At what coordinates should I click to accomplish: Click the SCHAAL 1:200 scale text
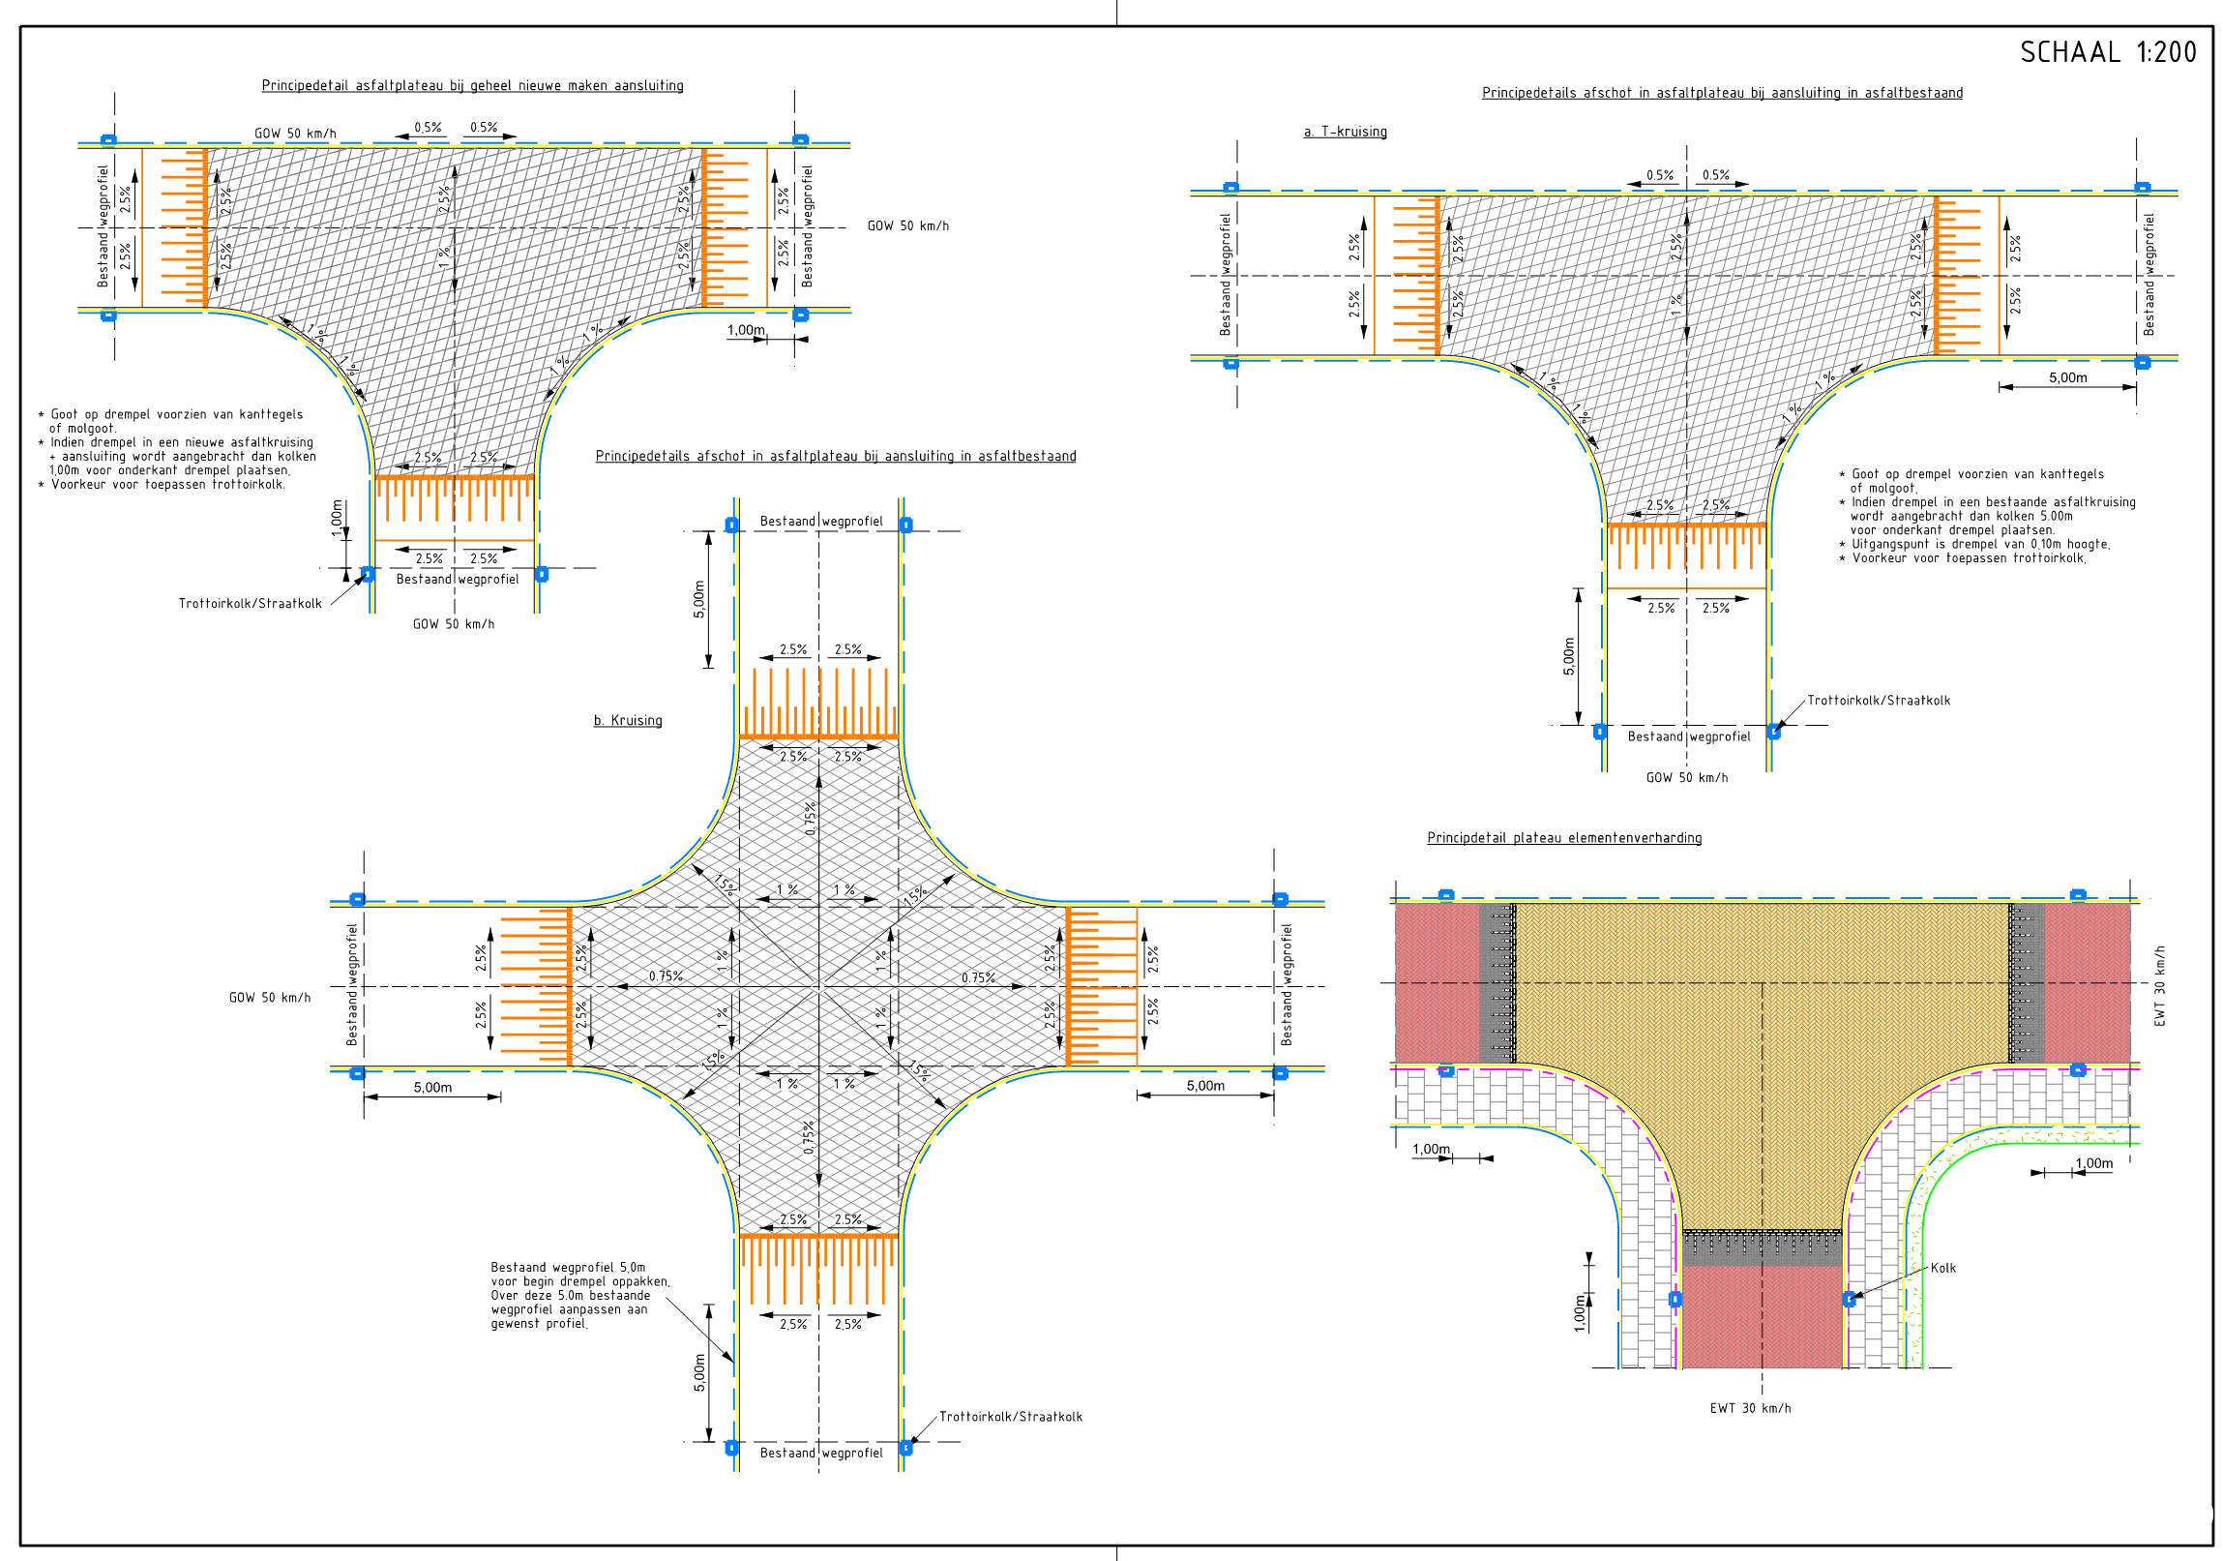2108,52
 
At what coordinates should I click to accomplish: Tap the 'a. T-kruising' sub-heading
1345,132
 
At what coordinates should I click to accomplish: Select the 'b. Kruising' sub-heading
628,720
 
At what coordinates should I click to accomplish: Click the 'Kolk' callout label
1943,1268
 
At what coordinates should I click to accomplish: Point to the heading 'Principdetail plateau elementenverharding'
1563,838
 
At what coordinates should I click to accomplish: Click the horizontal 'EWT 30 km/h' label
1750,1408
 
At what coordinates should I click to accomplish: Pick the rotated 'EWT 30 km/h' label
2160,986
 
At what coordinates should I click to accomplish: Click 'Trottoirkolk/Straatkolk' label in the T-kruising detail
1879,700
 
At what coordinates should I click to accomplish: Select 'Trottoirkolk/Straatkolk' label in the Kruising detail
1011,1417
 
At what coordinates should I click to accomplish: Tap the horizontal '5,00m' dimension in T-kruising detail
2067,377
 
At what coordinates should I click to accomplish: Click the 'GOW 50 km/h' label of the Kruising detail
270,998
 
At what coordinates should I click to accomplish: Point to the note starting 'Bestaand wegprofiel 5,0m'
580,1296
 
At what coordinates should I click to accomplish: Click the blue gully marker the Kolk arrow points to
1849,1299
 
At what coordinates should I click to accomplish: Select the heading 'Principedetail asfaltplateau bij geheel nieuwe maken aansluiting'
472,85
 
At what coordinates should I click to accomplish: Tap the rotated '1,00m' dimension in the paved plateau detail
1580,1313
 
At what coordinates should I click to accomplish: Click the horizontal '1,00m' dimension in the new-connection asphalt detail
747,330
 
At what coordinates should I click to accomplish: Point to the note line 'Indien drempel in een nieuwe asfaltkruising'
182,442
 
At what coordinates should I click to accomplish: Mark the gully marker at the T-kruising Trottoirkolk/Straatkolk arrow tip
1774,732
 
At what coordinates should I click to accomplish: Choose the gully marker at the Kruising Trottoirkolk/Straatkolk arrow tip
905,1449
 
